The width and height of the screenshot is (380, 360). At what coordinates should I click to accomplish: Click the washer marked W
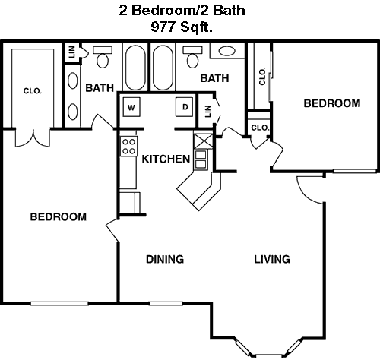[131, 107]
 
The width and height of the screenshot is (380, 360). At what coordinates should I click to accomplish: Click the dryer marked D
[185, 107]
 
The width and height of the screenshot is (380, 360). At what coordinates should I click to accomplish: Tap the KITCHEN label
[166, 159]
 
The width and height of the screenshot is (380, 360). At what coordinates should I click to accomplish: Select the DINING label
[165, 259]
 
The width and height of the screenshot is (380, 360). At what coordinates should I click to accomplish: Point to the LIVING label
[272, 259]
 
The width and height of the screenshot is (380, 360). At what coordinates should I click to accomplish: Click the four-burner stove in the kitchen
[128, 147]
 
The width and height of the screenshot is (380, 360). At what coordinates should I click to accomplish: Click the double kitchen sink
[201, 159]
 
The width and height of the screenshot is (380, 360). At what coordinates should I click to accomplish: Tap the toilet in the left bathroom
[103, 57]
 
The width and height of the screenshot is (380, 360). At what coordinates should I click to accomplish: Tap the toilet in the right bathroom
[192, 57]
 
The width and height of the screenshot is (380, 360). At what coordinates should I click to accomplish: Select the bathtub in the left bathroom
[136, 68]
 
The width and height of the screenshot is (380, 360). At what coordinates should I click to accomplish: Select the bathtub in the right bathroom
[163, 68]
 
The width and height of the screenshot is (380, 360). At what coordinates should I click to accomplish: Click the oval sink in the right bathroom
[227, 51]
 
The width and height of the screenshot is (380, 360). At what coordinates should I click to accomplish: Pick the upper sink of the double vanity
[73, 81]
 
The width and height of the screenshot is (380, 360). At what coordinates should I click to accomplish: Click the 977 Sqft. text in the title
[182, 27]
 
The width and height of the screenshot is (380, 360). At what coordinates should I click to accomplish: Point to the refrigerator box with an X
[203, 141]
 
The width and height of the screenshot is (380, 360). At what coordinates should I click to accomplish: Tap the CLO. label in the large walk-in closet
[33, 91]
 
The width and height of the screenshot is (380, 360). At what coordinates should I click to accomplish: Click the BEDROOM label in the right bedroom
[332, 103]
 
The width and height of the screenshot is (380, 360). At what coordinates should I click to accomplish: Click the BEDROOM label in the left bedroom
[59, 217]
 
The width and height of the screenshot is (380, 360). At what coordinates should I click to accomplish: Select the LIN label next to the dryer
[207, 112]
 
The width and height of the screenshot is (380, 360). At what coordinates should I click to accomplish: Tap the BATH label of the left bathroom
[100, 88]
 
